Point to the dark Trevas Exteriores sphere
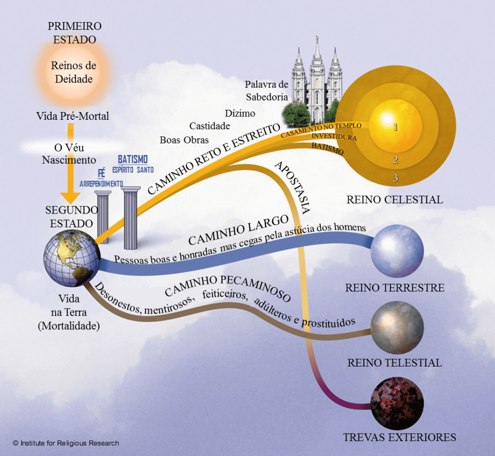click(397, 404)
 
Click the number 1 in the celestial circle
click(395, 128)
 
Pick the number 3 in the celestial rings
click(395, 179)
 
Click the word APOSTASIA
click(292, 186)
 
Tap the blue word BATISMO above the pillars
click(132, 160)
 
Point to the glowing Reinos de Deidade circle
click(73, 71)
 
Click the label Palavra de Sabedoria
click(266, 90)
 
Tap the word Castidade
click(209, 126)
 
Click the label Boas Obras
click(184, 140)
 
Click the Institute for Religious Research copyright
click(66, 443)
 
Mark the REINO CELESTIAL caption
click(394, 199)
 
